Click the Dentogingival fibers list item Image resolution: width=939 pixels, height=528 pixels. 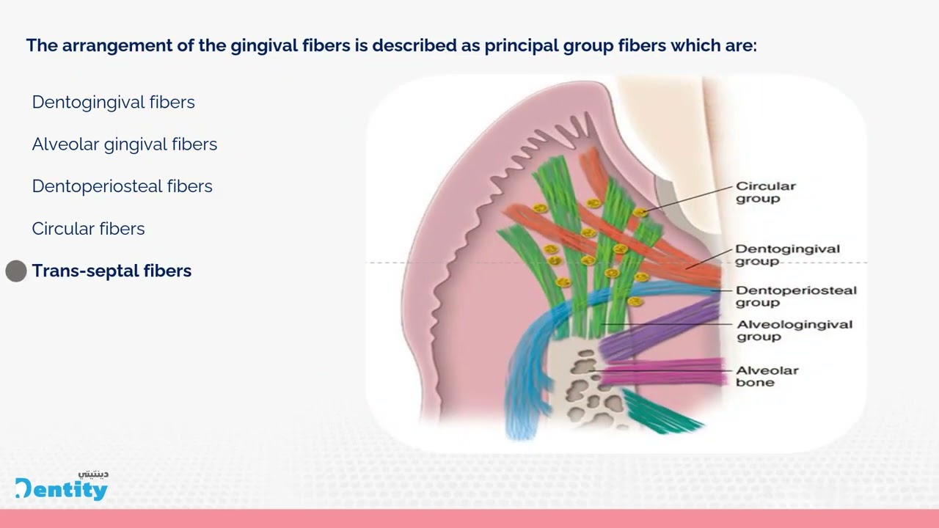tap(113, 102)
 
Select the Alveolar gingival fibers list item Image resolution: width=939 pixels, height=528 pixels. tap(124, 144)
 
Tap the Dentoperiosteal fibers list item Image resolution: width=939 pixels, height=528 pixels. tap(122, 186)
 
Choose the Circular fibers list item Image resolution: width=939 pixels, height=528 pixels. tap(88, 229)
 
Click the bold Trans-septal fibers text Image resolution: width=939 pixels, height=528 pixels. tap(112, 271)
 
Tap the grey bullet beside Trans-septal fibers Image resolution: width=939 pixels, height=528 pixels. tap(16, 271)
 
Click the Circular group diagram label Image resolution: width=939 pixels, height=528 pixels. tap(765, 192)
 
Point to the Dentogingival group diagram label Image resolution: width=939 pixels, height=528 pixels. tap(787, 254)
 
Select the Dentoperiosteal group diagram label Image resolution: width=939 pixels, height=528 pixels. tap(795, 296)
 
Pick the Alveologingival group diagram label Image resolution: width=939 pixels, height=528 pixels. tap(794, 330)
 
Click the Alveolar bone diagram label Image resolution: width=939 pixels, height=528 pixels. tap(767, 375)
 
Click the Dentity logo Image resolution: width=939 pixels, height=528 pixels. tap(62, 487)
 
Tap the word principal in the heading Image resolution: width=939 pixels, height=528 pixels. tap(519, 45)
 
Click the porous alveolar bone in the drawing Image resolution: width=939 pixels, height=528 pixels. tap(587, 385)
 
